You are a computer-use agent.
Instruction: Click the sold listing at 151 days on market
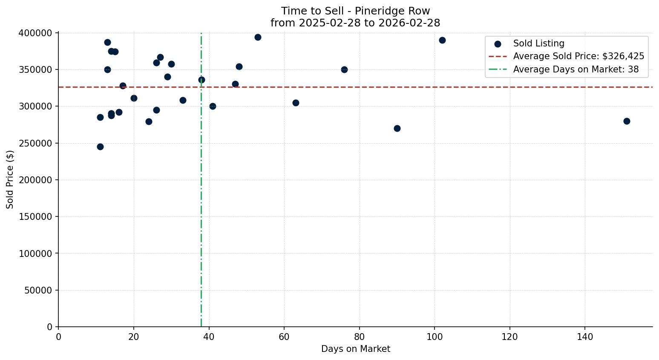[x=626, y=121]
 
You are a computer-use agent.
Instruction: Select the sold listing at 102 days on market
[x=442, y=40]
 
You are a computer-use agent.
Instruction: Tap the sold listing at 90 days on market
[x=397, y=128]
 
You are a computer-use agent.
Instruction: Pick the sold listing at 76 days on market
[x=344, y=69]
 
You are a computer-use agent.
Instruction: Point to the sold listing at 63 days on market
[x=296, y=103]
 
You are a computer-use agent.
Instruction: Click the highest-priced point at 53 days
[x=258, y=37]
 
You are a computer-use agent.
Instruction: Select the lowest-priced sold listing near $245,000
[x=100, y=147]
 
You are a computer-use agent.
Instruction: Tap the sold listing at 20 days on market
[x=134, y=98]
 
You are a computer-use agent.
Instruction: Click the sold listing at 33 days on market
[x=183, y=100]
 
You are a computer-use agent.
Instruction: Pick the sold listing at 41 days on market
[x=213, y=106]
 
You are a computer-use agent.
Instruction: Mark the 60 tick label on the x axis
[x=284, y=337]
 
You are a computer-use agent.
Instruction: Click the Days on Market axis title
[x=355, y=349]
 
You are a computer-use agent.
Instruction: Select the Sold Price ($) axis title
[x=10, y=179]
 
